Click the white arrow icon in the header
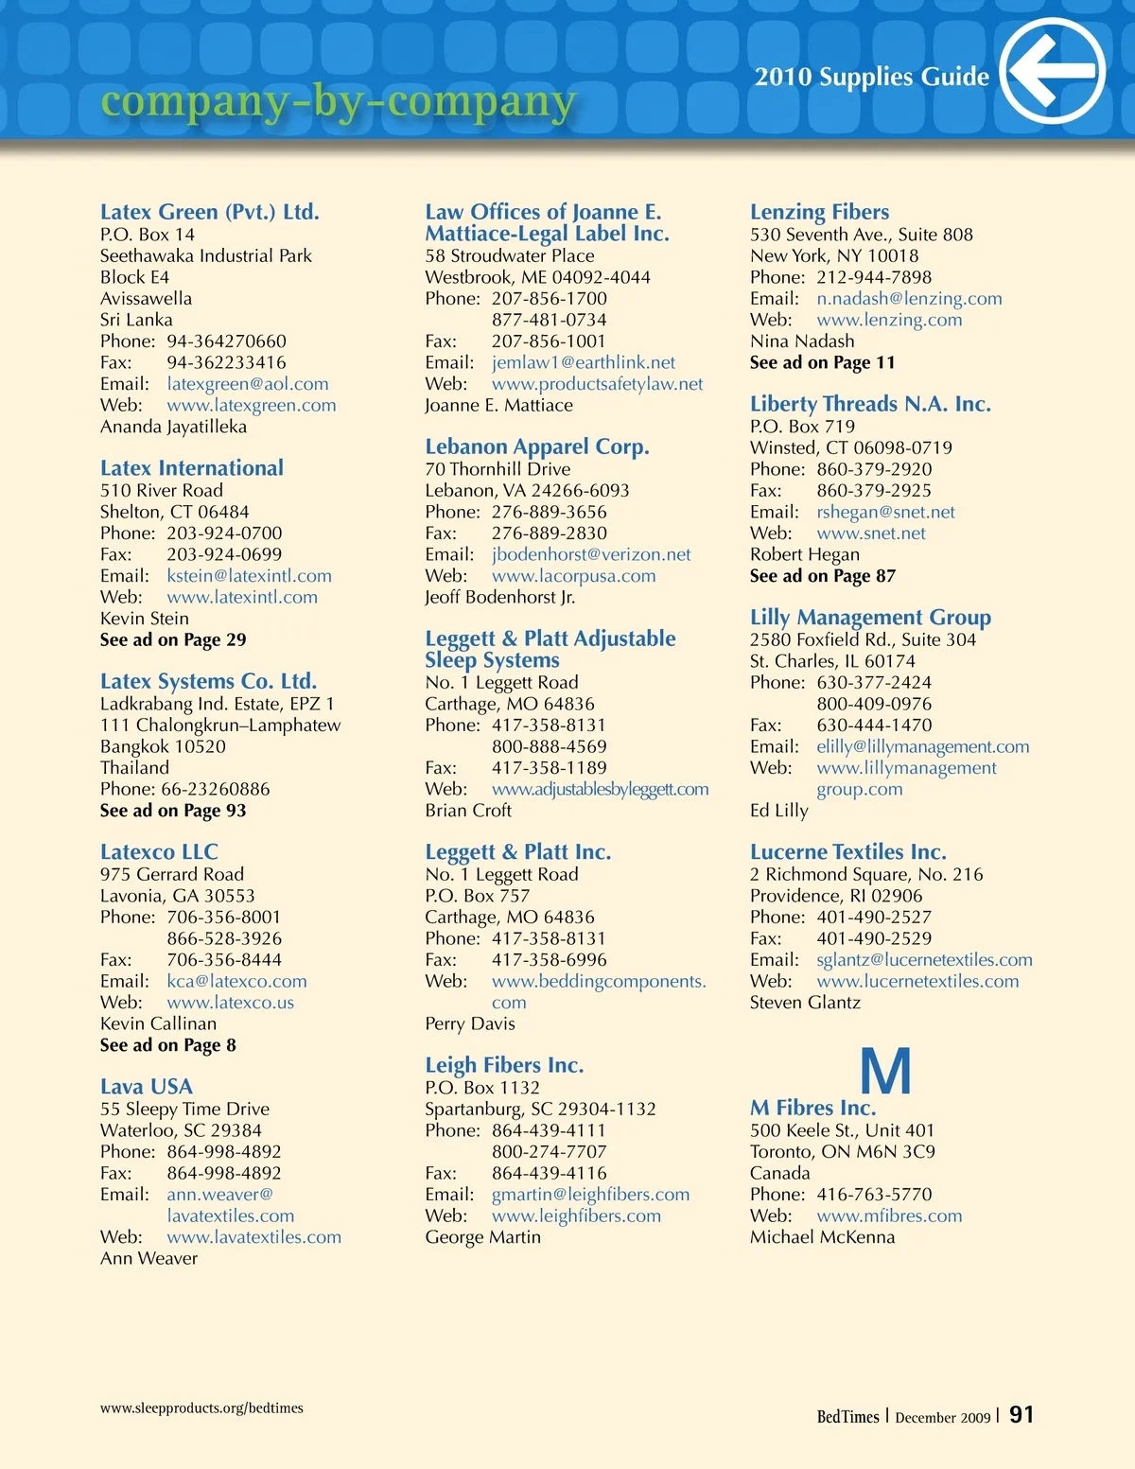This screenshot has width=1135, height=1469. [x=1052, y=71]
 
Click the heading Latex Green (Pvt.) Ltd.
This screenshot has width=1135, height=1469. [x=209, y=212]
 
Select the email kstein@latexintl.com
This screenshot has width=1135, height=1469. [x=249, y=576]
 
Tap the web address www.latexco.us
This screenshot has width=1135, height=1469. [x=230, y=1003]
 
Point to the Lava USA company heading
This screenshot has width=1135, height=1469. [x=147, y=1087]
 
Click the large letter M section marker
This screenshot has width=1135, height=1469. [x=885, y=1071]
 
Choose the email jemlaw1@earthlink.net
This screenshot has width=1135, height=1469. [x=584, y=362]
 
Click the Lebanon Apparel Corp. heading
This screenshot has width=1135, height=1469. [x=536, y=446]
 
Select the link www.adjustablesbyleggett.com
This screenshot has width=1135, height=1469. [x=600, y=789]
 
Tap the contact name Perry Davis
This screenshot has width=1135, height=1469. [x=470, y=1023]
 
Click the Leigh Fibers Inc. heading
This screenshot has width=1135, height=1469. [x=504, y=1065]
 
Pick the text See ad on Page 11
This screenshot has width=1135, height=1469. [x=822, y=362]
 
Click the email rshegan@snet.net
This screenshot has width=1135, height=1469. [x=885, y=512]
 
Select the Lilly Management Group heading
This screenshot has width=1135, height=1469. [x=870, y=618]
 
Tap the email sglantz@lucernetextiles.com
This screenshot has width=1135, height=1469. [x=924, y=960]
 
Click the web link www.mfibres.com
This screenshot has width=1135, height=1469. [x=889, y=1215]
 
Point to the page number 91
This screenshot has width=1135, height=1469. [x=1021, y=1415]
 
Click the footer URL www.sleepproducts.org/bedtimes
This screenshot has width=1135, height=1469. [x=201, y=1408]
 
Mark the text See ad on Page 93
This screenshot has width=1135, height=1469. [x=173, y=811]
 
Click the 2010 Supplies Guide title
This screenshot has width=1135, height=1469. [x=871, y=78]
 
